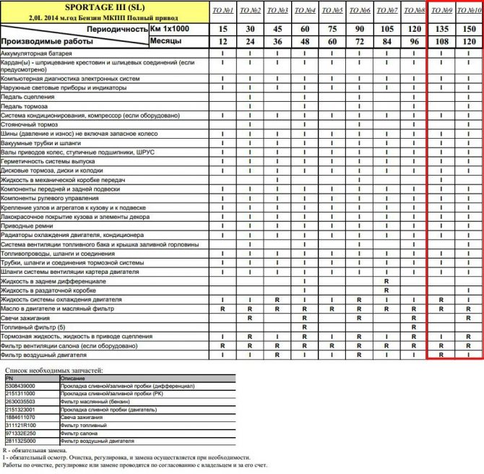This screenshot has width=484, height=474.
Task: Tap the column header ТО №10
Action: (469, 11)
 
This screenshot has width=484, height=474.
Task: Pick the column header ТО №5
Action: (333, 11)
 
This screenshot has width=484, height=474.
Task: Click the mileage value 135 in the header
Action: (441, 29)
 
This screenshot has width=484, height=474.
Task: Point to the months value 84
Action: (387, 42)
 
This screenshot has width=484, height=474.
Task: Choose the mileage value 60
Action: (305, 29)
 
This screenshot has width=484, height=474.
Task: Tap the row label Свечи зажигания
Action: (25, 318)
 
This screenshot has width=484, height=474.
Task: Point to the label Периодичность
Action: (115, 29)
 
